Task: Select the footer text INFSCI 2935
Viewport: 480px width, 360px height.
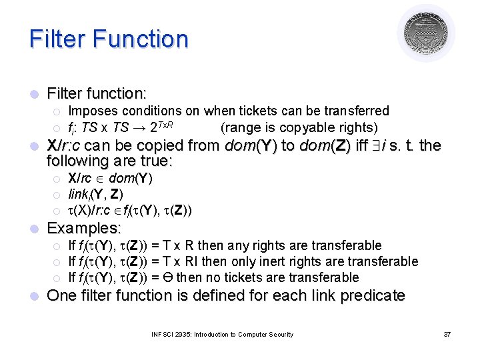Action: point(171,334)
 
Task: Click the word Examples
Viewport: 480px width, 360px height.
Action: point(82,228)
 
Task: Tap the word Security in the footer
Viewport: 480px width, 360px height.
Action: point(279,334)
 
